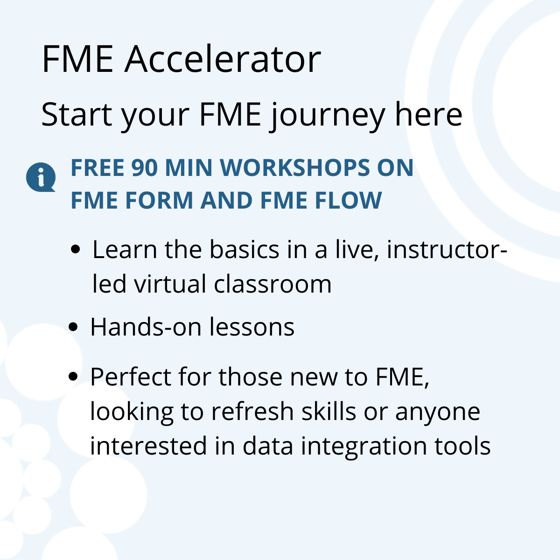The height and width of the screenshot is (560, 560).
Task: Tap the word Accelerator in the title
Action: pyautogui.click(x=223, y=60)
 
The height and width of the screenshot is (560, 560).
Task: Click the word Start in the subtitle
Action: pyautogui.click(x=76, y=114)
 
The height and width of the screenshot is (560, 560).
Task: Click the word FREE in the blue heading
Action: pyautogui.click(x=97, y=168)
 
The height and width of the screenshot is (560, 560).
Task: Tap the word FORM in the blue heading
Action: pyautogui.click(x=159, y=201)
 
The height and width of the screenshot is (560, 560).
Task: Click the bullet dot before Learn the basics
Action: pyautogui.click(x=75, y=250)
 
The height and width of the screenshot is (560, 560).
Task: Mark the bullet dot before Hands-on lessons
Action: pyautogui.click(x=73, y=327)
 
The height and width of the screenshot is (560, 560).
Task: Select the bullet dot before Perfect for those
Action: pyautogui.click(x=73, y=377)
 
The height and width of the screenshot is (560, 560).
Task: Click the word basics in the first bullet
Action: pyautogui.click(x=244, y=250)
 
